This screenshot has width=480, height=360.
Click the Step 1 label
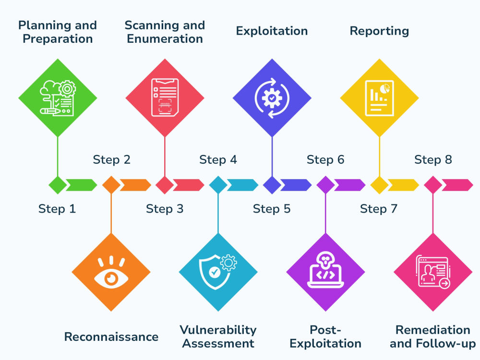pyautogui.click(x=57, y=209)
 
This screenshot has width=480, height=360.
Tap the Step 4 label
pyautogui.click(x=218, y=159)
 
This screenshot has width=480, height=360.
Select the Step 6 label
pyautogui.click(x=325, y=159)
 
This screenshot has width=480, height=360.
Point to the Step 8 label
pyautogui.click(x=433, y=159)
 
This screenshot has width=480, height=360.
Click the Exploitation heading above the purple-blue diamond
pyautogui.click(x=272, y=31)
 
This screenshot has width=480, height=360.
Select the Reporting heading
pyautogui.click(x=379, y=31)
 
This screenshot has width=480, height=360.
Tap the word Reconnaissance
pyautogui.click(x=111, y=337)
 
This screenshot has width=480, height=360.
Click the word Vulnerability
pyautogui.click(x=218, y=330)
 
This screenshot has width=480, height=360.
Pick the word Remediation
pyautogui.click(x=433, y=330)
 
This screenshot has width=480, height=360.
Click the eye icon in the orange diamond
pyautogui.click(x=111, y=273)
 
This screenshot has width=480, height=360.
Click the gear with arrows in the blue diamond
pyautogui.click(x=272, y=98)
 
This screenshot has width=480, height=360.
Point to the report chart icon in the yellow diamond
pyautogui.click(x=379, y=98)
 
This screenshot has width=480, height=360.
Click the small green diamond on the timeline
pyautogui.click(x=58, y=185)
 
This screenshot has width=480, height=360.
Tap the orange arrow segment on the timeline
pyautogui.click(x=135, y=185)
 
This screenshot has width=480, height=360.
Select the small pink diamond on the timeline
pyautogui.click(x=433, y=185)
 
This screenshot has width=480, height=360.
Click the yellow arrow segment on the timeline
pyautogui.click(x=404, y=185)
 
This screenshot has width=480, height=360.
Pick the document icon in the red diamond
pyautogui.click(x=165, y=97)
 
